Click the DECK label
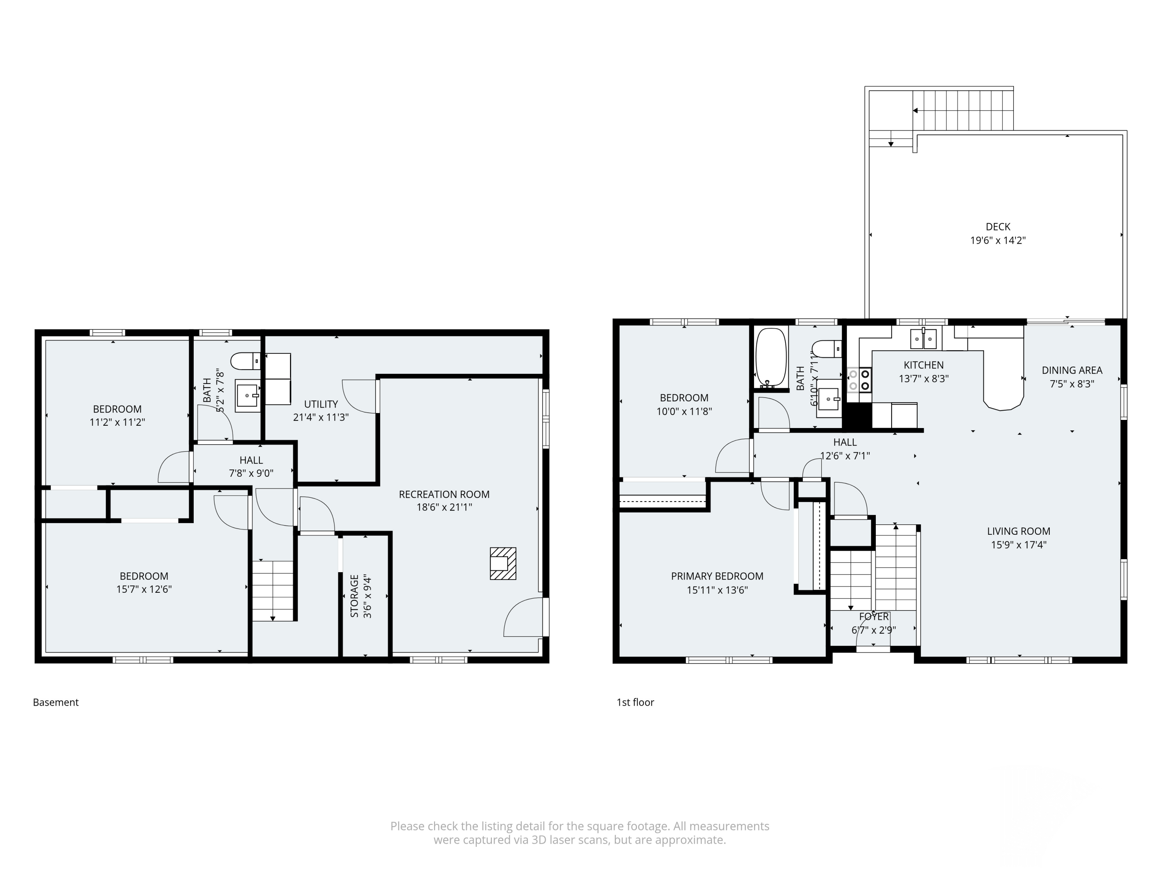[x=998, y=227]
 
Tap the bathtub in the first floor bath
[x=771, y=358]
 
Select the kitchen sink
[x=923, y=339]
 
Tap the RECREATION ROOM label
[x=444, y=494]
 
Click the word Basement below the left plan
[x=56, y=702]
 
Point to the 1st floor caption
[x=635, y=702]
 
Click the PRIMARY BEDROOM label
[x=717, y=576]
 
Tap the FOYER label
[x=873, y=617]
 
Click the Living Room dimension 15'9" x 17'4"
[x=1018, y=545]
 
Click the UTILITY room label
[x=321, y=404]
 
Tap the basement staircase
[x=273, y=591]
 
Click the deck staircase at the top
[x=962, y=110]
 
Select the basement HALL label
[x=251, y=460]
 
